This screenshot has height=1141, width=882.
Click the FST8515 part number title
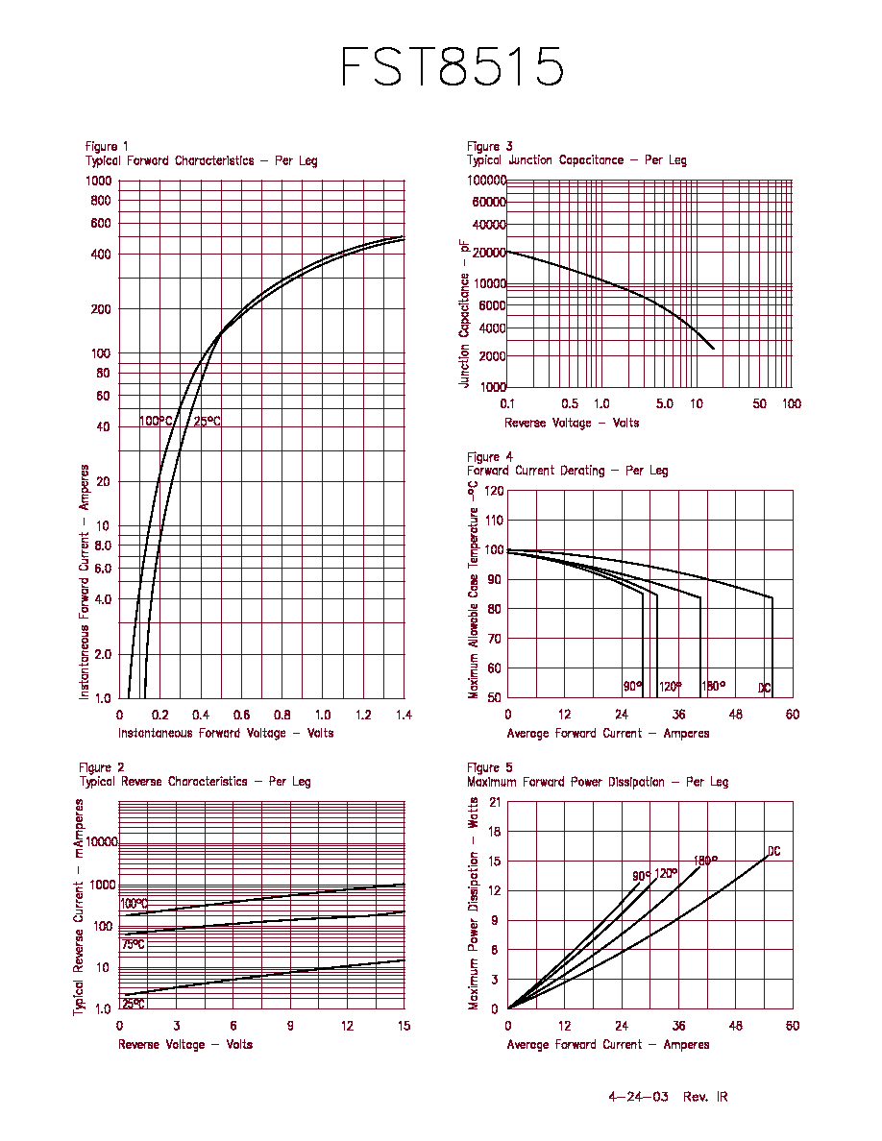[x=452, y=66]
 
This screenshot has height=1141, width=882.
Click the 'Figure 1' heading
[x=107, y=146]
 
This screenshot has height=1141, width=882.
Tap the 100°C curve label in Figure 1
[x=156, y=422]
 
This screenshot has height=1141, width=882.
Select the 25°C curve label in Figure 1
[x=207, y=422]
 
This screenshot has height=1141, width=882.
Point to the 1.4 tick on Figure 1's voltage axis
[x=404, y=716]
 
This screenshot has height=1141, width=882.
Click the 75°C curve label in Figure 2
[x=134, y=944]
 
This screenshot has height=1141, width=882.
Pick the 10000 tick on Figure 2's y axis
[x=102, y=842]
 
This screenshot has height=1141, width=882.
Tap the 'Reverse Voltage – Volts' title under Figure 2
[x=185, y=1045]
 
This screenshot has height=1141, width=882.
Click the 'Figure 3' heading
[x=490, y=146]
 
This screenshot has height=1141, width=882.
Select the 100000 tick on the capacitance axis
[x=487, y=181]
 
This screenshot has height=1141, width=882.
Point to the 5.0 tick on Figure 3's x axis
[x=665, y=403]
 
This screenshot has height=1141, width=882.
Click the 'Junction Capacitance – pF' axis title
[x=464, y=314]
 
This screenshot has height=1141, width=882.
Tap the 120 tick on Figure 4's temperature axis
[x=494, y=491]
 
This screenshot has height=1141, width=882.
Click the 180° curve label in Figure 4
[x=714, y=686]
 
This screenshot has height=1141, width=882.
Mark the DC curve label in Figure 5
[x=774, y=851]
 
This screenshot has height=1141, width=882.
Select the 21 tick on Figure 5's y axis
[x=495, y=803]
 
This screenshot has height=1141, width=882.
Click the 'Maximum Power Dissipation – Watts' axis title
[x=473, y=904]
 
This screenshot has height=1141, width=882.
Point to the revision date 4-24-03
[x=638, y=1097]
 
